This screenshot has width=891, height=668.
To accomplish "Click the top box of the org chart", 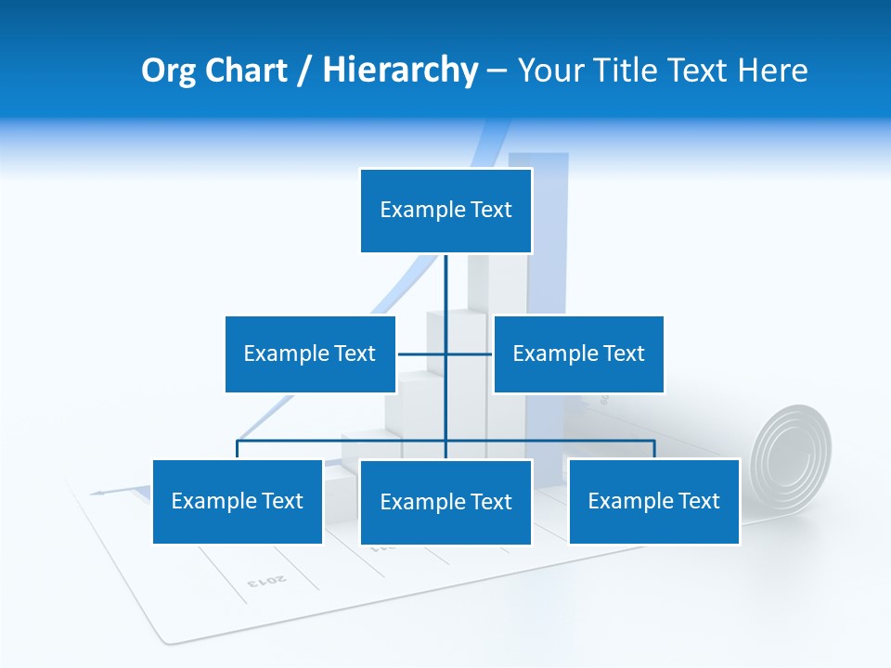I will click(445, 211).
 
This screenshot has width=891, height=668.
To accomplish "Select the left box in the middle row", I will click(310, 353).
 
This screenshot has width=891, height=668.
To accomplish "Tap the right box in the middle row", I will click(578, 353).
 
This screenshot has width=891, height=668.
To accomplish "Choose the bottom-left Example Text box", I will click(238, 501).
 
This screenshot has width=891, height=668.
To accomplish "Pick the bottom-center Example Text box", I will click(445, 502).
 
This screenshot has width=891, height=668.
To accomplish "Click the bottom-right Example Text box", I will click(653, 501).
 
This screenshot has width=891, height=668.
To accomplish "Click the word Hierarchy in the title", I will click(400, 71).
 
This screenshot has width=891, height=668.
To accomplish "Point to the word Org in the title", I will click(167, 71).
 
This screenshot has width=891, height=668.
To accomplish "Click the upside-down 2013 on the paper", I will click(266, 581).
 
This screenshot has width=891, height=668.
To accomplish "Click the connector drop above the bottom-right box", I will click(654, 449).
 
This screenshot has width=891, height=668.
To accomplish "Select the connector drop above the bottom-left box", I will click(238, 449).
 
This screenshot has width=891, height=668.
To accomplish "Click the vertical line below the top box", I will click(445, 283).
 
